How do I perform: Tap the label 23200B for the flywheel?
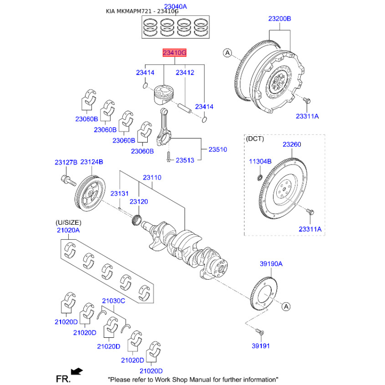click(280, 19)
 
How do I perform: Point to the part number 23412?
click(185, 73)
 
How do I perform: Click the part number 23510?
click(218, 150)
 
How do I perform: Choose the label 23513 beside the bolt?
click(185, 160)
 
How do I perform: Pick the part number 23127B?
click(65, 163)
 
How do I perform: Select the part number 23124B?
click(91, 163)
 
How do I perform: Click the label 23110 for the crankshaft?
click(152, 178)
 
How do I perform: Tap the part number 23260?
click(292, 144)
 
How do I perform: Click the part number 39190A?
click(271, 264)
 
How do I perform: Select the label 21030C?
click(114, 301)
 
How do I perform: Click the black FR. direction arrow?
click(76, 371)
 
